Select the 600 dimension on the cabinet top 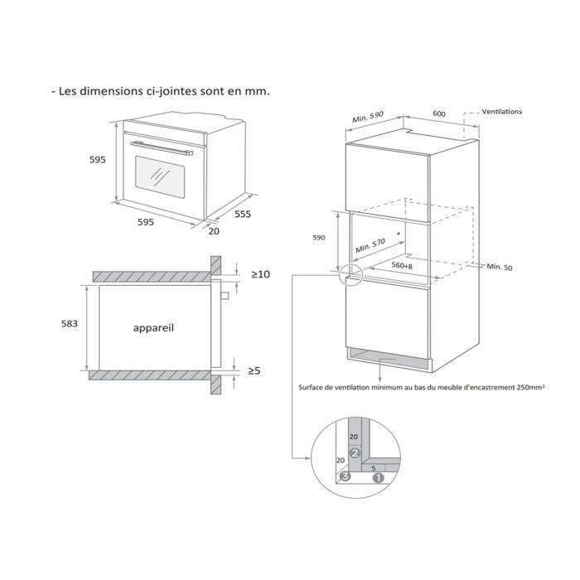point(439,114)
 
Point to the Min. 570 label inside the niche point(372,244)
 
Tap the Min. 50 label point(500,267)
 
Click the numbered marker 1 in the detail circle point(378,477)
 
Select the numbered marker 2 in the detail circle point(355,453)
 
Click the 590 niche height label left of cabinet point(319,237)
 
